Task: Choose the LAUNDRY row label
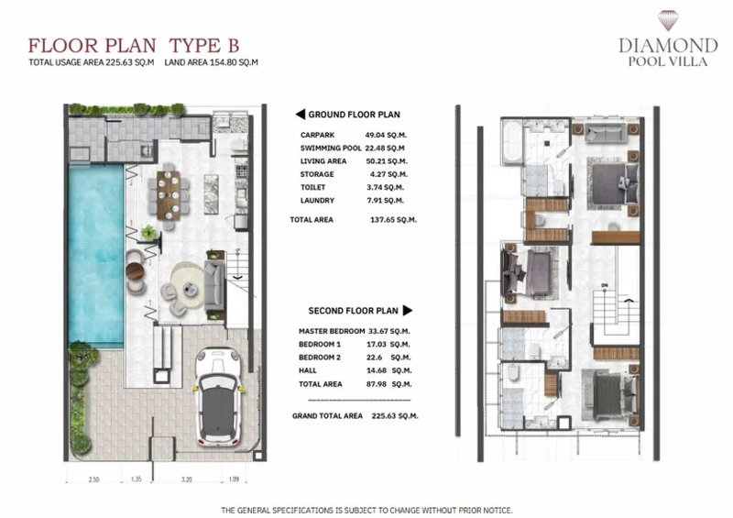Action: (x=317, y=199)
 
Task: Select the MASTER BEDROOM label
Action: (x=333, y=331)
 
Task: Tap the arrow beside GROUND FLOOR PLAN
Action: (x=299, y=115)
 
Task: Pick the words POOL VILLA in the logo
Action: (x=667, y=62)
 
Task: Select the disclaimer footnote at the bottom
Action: (x=366, y=510)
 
